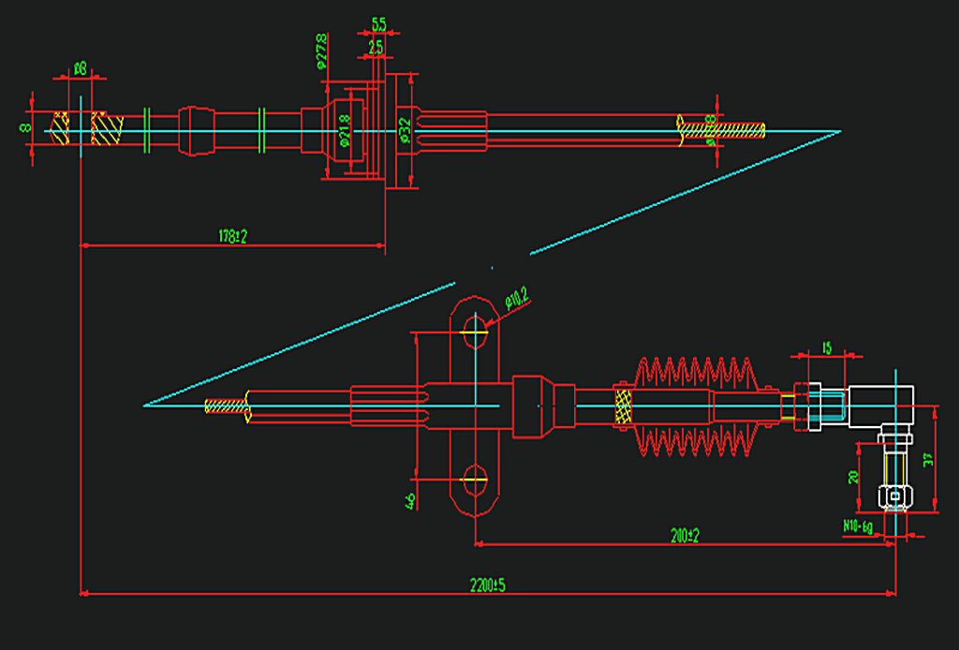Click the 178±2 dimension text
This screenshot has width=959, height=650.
[x=231, y=237]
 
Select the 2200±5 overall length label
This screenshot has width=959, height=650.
[x=488, y=584]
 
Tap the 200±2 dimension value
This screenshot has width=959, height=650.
[x=686, y=535]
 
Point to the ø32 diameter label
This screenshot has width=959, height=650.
[x=405, y=129]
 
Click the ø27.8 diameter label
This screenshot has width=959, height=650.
[x=322, y=52]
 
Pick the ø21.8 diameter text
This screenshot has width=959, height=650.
[x=345, y=131]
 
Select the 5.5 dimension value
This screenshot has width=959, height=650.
[x=378, y=23]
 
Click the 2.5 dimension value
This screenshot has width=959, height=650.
[x=376, y=45]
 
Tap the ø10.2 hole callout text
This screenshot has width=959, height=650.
[x=517, y=299]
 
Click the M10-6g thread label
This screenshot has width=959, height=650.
[x=857, y=526]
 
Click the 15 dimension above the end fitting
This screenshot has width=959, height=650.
[x=827, y=348]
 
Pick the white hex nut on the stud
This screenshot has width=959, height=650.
[x=895, y=495]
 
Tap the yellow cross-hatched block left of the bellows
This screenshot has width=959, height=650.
[x=623, y=406]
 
